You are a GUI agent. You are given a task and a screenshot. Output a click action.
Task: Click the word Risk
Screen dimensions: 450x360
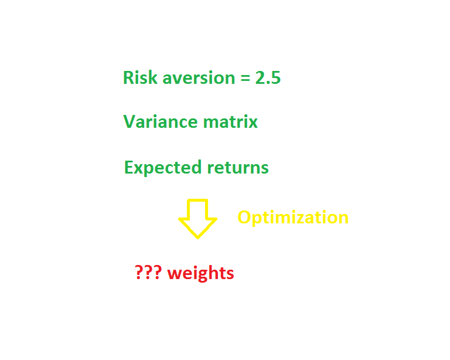141,77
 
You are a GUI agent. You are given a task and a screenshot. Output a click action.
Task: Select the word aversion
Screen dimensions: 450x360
199,78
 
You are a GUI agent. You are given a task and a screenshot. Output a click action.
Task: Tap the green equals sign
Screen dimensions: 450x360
245,78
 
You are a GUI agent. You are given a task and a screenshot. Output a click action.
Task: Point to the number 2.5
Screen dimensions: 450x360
268,77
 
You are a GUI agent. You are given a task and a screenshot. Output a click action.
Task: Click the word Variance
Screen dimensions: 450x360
161,121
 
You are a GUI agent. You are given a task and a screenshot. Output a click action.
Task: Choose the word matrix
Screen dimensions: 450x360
230,121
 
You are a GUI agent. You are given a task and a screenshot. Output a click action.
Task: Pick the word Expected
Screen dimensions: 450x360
163,168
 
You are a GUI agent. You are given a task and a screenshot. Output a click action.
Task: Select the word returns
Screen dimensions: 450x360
238,168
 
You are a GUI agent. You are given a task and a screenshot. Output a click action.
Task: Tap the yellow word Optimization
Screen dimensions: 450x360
293,218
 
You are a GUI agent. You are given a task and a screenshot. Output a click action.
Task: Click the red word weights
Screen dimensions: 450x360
200,273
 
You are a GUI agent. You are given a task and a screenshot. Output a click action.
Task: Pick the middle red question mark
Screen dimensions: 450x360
148,272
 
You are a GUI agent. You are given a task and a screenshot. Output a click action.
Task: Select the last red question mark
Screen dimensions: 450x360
158,272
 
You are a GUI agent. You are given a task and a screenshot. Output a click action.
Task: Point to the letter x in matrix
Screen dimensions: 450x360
253,124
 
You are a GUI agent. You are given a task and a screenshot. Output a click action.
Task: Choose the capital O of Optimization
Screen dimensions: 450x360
245,218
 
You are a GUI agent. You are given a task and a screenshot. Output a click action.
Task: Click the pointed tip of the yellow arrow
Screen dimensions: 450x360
197,237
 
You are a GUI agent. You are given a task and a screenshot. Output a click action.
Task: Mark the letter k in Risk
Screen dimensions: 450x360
153,77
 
